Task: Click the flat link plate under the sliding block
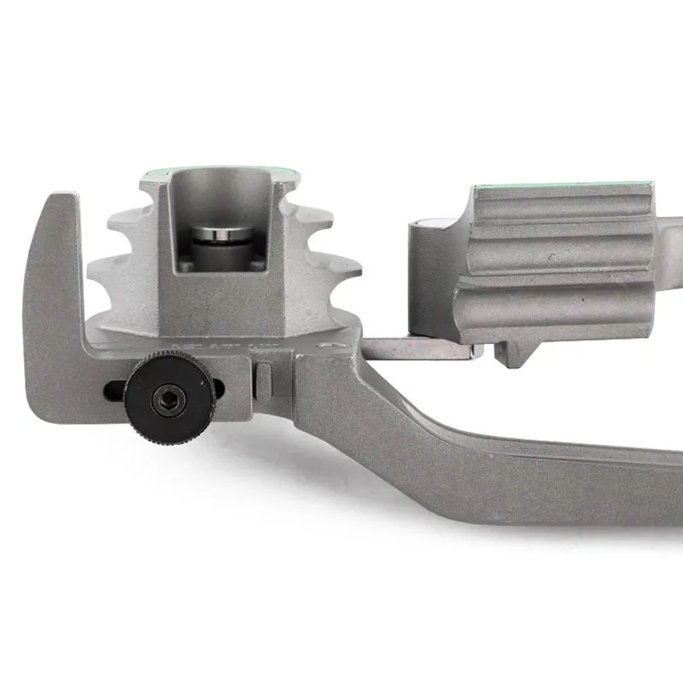[418, 347]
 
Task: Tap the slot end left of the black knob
[114, 391]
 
